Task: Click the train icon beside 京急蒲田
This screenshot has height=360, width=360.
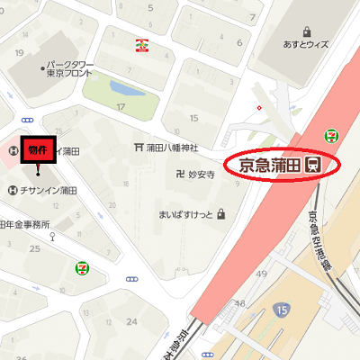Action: click(x=314, y=165)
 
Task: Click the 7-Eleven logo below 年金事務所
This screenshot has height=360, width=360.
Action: click(x=82, y=266)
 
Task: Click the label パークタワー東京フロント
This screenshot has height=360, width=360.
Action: click(x=65, y=69)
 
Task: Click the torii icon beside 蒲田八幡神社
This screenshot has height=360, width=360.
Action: click(x=138, y=147)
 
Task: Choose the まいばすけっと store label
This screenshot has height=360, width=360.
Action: click(x=184, y=214)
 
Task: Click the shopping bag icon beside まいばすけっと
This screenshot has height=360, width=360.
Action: click(x=220, y=214)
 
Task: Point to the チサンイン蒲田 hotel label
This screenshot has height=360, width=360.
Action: click(x=49, y=190)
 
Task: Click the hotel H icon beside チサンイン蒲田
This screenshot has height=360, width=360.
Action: click(x=12, y=190)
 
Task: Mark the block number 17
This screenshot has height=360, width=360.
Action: click(x=121, y=107)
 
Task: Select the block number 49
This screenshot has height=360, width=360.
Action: click(x=262, y=273)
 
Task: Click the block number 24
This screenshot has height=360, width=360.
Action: click(x=132, y=321)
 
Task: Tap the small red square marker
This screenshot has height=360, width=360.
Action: click(x=259, y=109)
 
